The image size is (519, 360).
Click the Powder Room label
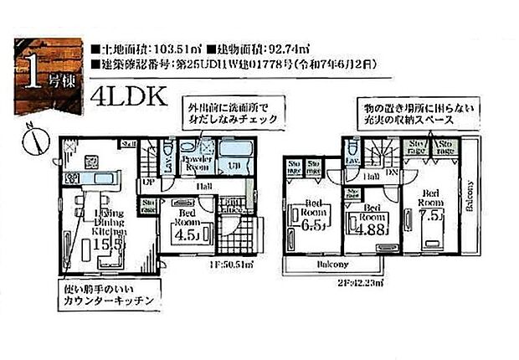pyautogui.click(x=199, y=162)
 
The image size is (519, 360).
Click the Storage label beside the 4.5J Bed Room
pyautogui.click(x=149, y=206)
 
